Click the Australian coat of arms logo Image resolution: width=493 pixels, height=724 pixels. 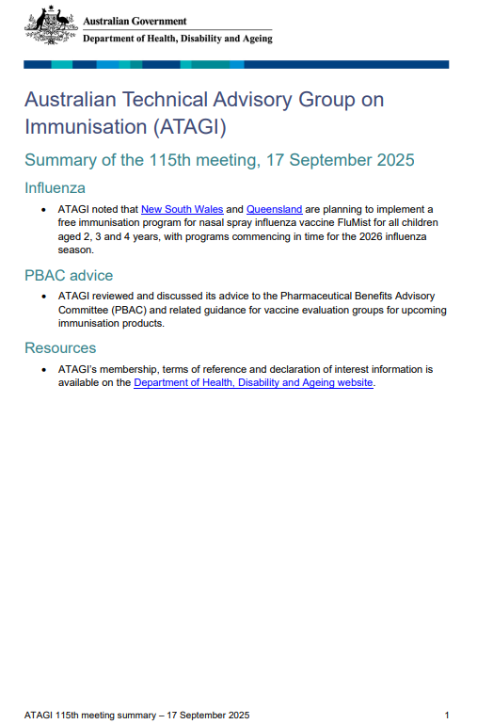click(51, 25)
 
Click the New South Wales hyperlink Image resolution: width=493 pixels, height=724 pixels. click(182, 209)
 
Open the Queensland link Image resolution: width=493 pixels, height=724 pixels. click(275, 209)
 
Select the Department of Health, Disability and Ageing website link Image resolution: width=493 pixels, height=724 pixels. click(254, 383)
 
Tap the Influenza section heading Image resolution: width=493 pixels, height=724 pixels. click(55, 188)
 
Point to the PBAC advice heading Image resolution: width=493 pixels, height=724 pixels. click(69, 275)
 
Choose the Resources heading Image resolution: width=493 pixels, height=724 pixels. click(60, 348)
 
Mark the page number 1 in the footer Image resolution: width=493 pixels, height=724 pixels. click(446, 715)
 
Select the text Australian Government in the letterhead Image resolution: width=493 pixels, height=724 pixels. click(135, 21)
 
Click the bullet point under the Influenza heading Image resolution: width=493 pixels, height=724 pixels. click(44, 209)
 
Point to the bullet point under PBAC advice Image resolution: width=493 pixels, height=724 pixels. click(44, 297)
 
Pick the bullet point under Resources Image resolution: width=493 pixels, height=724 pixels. click(44, 370)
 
